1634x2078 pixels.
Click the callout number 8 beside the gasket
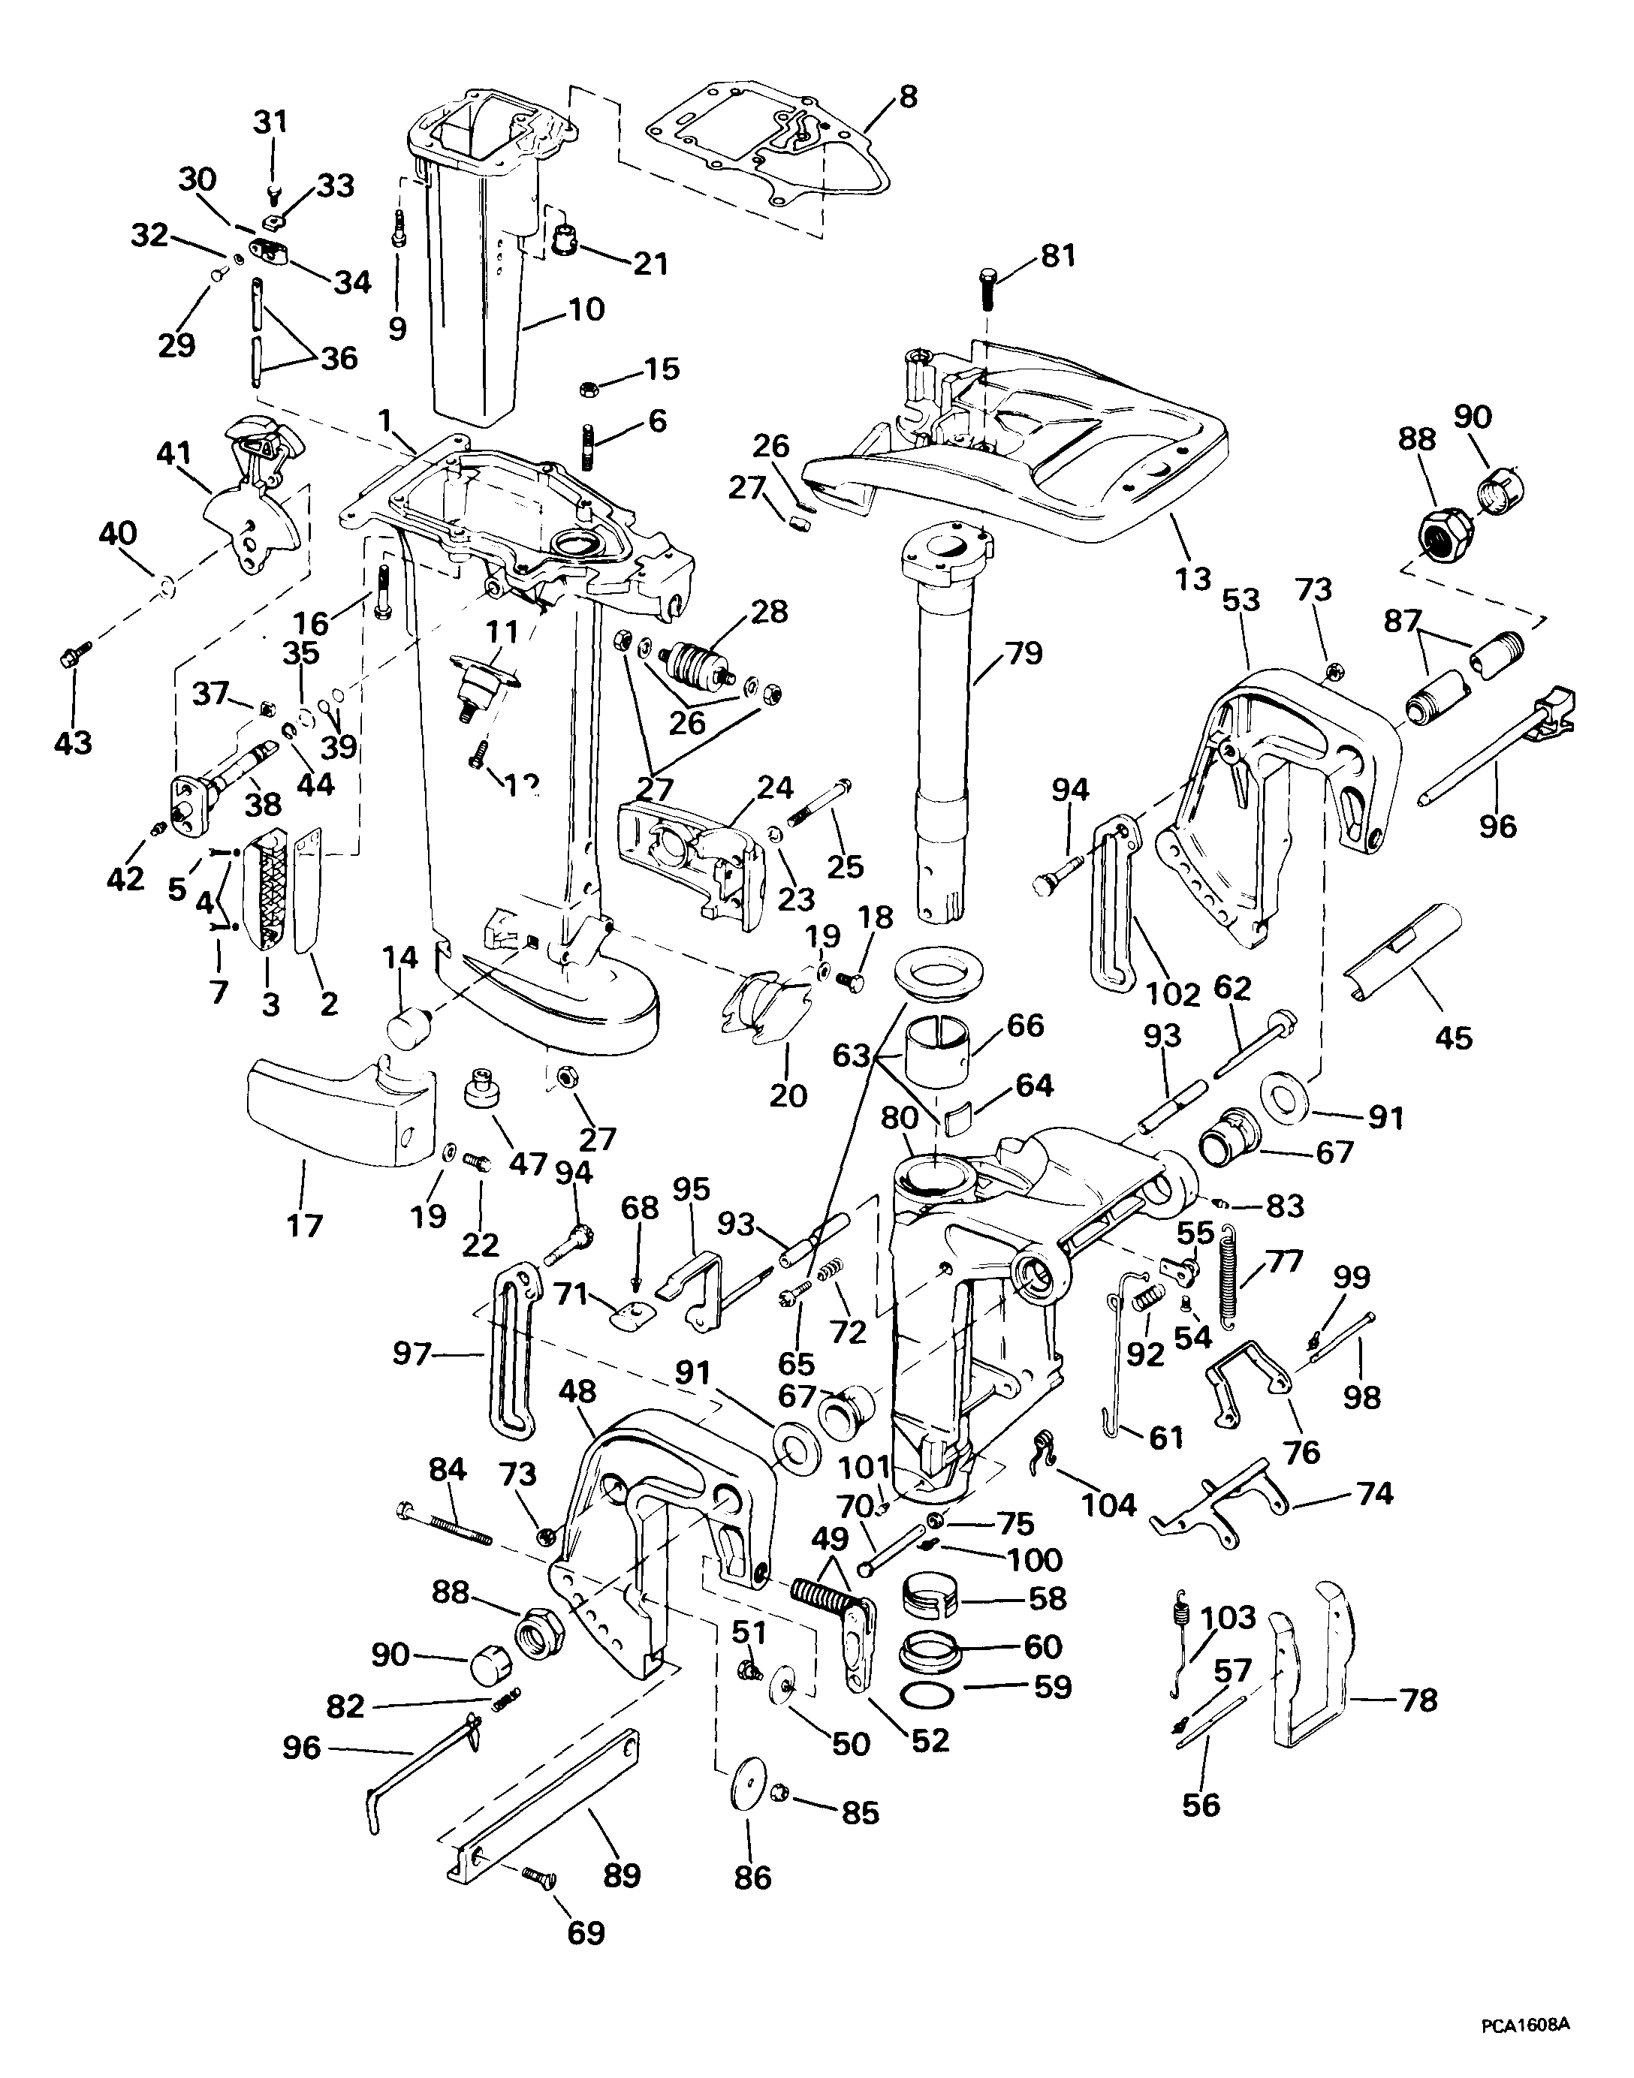[907, 97]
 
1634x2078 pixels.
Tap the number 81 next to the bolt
[1057, 255]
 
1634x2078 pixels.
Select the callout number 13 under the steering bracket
[1193, 579]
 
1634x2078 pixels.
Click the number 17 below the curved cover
[304, 1225]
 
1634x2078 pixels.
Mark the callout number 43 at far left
[73, 741]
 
